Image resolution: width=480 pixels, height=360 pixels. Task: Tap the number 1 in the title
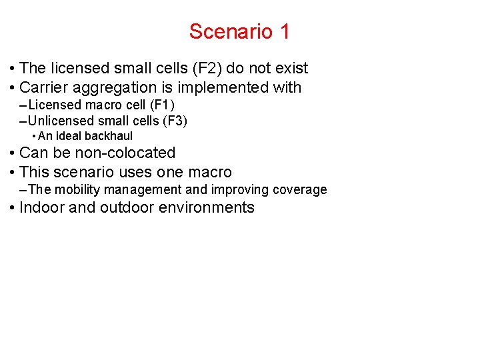tap(285, 31)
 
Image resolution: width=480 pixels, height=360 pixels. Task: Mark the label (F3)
tap(174, 121)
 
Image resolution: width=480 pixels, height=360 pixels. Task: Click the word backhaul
tap(109, 136)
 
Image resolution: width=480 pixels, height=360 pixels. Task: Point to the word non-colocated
tap(123, 153)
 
